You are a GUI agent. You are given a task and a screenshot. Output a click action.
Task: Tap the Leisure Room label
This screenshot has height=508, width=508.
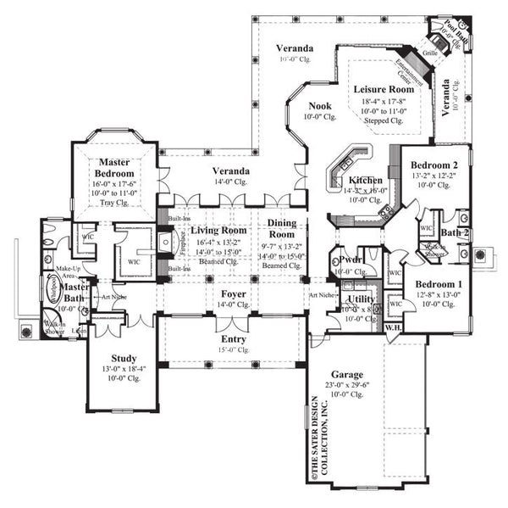coord(384,89)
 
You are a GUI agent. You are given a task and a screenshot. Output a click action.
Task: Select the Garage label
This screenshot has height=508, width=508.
coord(347,374)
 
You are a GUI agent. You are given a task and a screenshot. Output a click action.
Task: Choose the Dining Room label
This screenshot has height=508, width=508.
coord(282,228)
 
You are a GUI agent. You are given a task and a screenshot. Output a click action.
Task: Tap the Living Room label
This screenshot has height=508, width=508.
coord(218,230)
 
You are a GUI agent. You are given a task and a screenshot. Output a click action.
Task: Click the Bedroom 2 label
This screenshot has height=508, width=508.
coord(434,165)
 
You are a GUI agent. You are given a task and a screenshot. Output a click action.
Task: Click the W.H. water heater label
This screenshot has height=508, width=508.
coord(392,327)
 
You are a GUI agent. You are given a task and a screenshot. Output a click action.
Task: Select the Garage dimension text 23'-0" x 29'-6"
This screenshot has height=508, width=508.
coord(347,384)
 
